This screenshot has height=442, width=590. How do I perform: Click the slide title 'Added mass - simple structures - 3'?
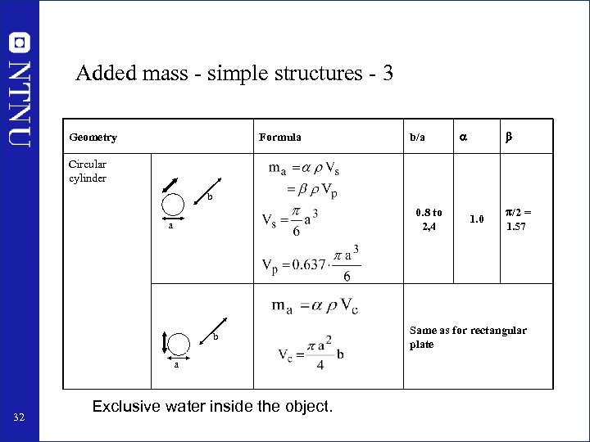234,74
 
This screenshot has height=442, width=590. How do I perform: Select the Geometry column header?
93,138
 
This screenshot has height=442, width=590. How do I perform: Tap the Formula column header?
280,138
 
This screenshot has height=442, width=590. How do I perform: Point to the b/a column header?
418,138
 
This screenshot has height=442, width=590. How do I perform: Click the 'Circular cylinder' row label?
88,171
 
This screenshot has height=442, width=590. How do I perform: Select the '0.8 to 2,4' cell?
429,219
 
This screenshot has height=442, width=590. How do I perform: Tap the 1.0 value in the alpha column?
475,219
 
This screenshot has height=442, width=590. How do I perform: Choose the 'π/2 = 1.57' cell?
517,219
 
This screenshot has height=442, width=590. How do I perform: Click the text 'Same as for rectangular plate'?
468,337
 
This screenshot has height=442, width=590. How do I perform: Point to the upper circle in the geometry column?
173,204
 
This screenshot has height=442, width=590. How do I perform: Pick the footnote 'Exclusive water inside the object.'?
213,406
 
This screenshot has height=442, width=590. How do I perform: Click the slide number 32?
20,420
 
